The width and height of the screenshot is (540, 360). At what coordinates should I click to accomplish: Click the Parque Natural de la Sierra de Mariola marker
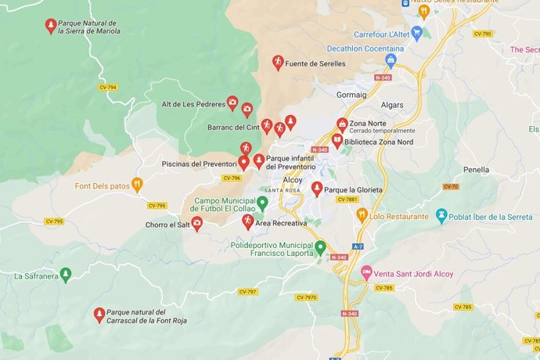(x=51, y=25)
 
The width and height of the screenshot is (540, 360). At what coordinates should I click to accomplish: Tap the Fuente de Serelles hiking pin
(x=277, y=62)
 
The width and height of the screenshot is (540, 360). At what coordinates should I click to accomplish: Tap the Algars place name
(x=392, y=105)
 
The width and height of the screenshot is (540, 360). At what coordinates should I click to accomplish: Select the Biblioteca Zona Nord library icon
(x=337, y=142)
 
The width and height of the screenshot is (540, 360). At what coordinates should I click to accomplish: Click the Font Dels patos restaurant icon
(x=138, y=185)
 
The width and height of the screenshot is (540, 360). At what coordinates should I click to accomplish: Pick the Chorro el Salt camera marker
(x=197, y=225)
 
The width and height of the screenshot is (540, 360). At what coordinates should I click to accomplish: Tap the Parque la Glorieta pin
(x=317, y=189)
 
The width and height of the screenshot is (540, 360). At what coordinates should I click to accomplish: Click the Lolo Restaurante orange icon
(x=362, y=214)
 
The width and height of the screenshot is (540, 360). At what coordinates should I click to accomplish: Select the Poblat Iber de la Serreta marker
(x=441, y=215)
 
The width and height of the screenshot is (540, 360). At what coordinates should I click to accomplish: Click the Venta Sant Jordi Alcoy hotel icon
(x=365, y=272)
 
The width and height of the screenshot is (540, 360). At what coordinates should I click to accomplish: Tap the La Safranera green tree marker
(x=66, y=274)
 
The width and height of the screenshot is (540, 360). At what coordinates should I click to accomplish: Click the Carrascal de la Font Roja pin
(x=99, y=314)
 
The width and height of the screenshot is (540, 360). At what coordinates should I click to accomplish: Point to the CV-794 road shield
(x=108, y=87)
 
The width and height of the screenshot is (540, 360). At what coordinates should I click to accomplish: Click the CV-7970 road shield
(x=306, y=297)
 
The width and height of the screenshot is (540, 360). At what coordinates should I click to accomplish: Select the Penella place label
(x=476, y=169)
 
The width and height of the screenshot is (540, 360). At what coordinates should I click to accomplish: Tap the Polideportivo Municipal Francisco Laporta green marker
(x=319, y=248)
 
